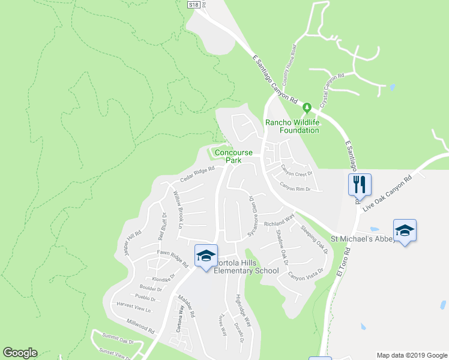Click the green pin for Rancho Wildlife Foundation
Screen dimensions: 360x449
pos(307,109)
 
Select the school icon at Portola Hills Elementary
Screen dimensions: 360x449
pos(205,256)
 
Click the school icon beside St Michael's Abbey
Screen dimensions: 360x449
pos(405,231)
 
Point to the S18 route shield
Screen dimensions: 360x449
pos(193,4)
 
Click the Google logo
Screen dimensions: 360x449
pos(20,353)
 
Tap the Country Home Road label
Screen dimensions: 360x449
pos(290,64)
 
